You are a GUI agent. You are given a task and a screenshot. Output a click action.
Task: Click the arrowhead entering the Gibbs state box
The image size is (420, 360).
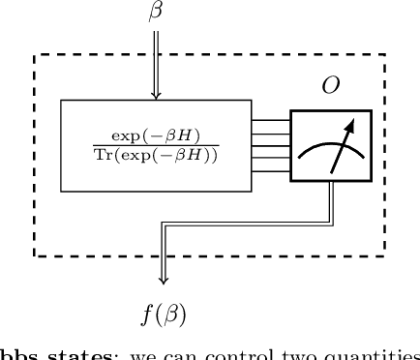pos(156,95)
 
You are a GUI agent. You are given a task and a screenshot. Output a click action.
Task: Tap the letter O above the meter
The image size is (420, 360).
pos(330,84)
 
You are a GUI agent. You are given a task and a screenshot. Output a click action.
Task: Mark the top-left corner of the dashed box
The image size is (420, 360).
pos(35,54)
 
